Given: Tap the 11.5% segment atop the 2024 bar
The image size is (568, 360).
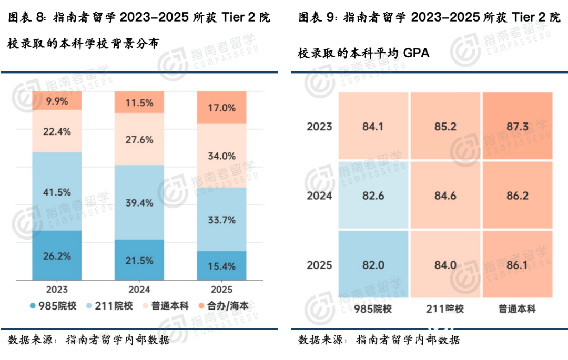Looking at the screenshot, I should pyautogui.click(x=139, y=102).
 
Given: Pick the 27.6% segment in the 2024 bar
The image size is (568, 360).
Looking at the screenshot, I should pyautogui.click(x=139, y=139).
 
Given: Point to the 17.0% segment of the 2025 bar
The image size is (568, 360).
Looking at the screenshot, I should pyautogui.click(x=221, y=107).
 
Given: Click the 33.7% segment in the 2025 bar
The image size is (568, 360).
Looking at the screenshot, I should pyautogui.click(x=221, y=220).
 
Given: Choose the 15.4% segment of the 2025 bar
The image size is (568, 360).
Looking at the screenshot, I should pyautogui.click(x=221, y=265).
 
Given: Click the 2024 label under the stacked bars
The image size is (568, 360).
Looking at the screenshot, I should pyautogui.click(x=139, y=289).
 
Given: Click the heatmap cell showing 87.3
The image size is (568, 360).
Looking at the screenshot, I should pyautogui.click(x=517, y=126).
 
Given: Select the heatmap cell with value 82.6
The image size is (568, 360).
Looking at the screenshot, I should pyautogui.click(x=373, y=196).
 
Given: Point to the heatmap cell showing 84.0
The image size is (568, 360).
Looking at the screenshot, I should pyautogui.click(x=445, y=264).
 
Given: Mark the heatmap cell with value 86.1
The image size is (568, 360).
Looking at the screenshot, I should pyautogui.click(x=517, y=264).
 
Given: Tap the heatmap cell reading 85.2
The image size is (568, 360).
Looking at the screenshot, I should pyautogui.click(x=445, y=126).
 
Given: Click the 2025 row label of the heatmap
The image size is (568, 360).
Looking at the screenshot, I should pyautogui.click(x=319, y=264).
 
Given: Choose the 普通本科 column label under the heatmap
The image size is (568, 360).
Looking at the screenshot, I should pyautogui.click(x=517, y=309).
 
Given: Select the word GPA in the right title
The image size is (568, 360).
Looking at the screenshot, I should pyautogui.click(x=417, y=53).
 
